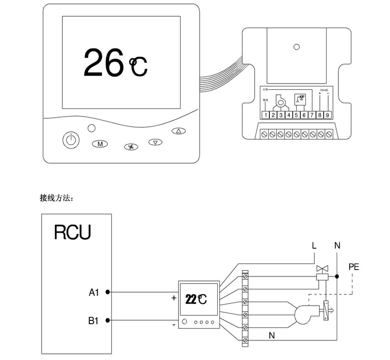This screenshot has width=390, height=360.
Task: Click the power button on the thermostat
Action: pyautogui.click(x=70, y=140)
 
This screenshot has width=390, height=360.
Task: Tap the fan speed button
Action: pyautogui.click(x=130, y=147)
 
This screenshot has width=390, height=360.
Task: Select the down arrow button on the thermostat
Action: pyautogui.click(x=155, y=142)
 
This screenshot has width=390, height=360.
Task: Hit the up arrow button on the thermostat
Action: pyautogui.click(x=178, y=132)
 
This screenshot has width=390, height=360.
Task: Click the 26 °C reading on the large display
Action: pyautogui.click(x=115, y=62)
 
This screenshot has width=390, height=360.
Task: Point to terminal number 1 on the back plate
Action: pyautogui.click(x=265, y=115)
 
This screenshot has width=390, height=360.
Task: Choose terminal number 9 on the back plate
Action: pyautogui.click(x=327, y=115)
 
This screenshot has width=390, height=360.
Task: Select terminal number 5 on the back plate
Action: pyautogui.click(x=296, y=115)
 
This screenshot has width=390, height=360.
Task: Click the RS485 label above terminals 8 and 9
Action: pyautogui.click(x=323, y=89)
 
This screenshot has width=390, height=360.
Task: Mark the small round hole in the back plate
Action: pyautogui.click(x=296, y=47)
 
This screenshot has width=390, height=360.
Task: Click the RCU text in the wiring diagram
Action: pyautogui.click(x=72, y=232)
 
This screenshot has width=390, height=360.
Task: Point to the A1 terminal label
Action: pyautogui.click(x=93, y=292)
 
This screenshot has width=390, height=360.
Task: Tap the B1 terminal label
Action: pyautogui.click(x=93, y=321)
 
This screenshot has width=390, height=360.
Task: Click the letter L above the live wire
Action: pyautogui.click(x=314, y=245)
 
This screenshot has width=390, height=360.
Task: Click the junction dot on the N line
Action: pyautogui.click(x=337, y=276)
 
